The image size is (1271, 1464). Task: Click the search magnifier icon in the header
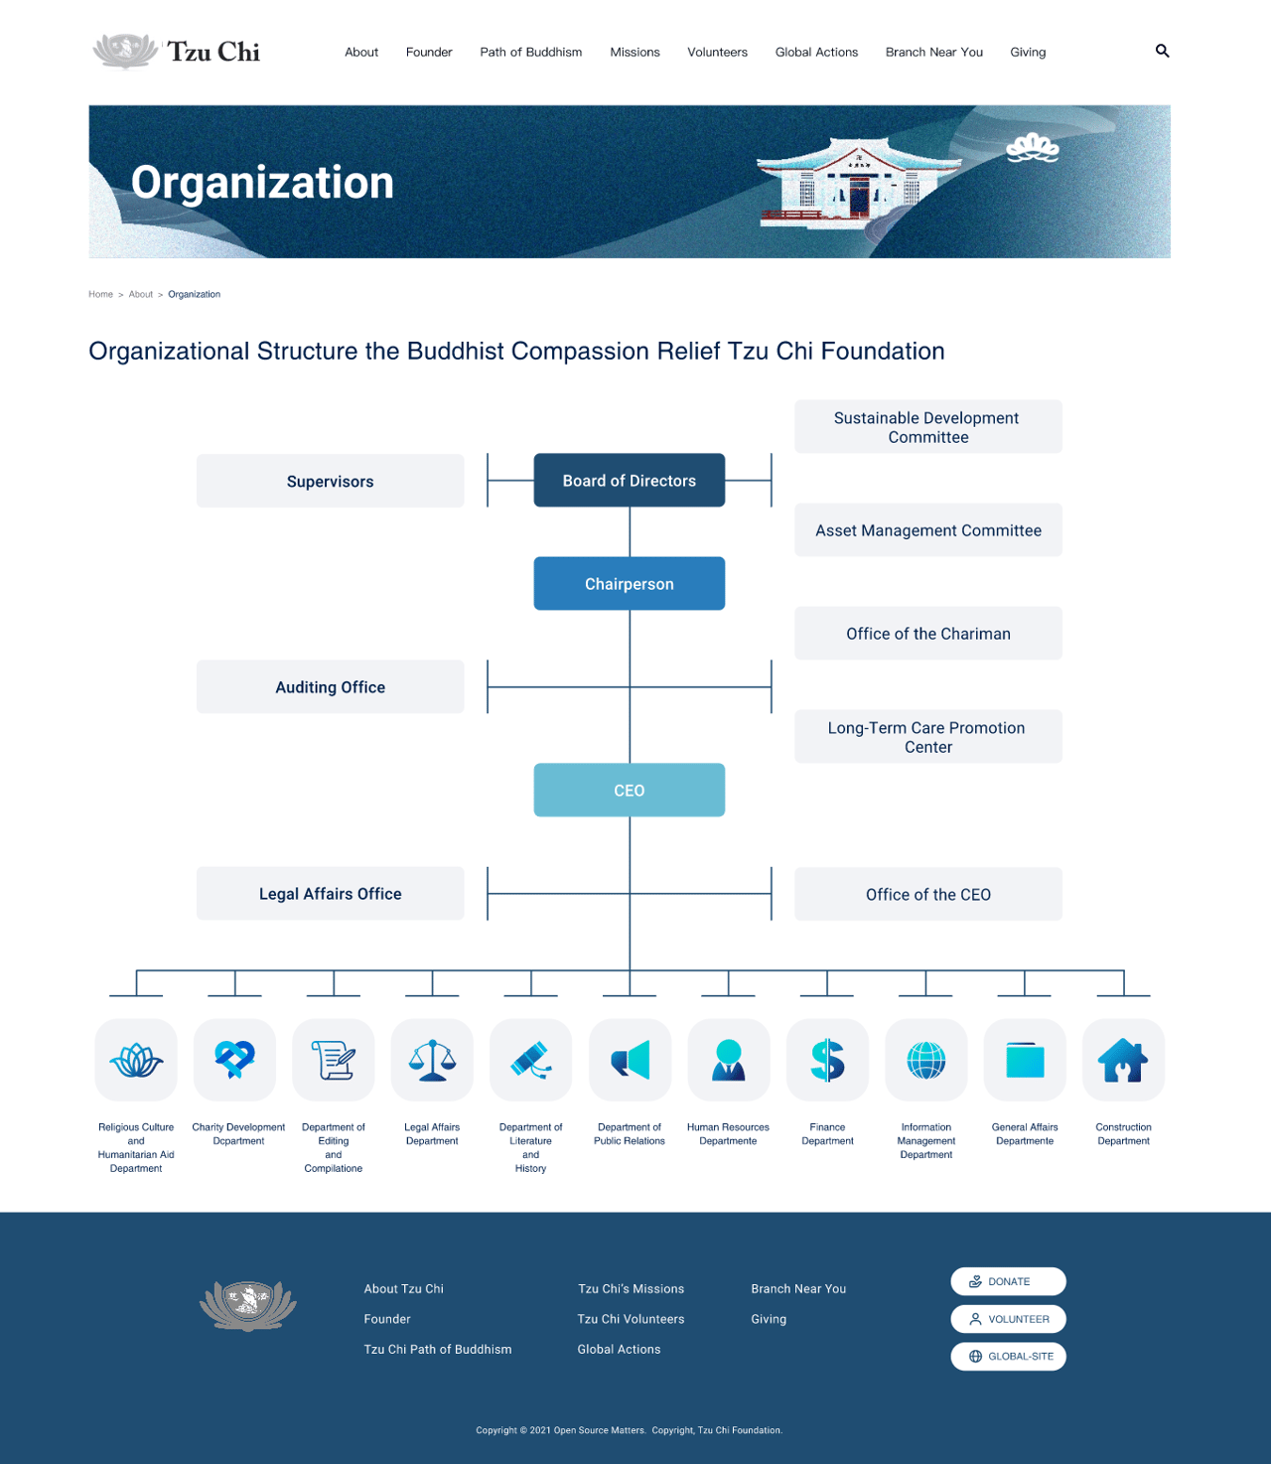[1162, 51]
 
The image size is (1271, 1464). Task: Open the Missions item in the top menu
[635, 53]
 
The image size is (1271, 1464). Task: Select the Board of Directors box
[629, 480]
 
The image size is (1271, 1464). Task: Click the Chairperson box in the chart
[629, 583]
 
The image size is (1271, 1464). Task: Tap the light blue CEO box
[629, 790]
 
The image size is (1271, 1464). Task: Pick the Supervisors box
[330, 481]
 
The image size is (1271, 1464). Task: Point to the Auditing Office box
[330, 687]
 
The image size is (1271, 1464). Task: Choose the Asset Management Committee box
[927, 530]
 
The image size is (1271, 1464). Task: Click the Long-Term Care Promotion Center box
[927, 736]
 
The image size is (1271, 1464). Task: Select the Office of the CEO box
[927, 894]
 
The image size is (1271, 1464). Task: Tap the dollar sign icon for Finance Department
[827, 1060]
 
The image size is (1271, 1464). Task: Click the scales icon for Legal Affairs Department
[432, 1060]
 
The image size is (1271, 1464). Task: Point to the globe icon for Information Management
[925, 1060]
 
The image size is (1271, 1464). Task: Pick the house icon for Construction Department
[1123, 1060]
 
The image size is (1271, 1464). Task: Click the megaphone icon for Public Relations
[630, 1060]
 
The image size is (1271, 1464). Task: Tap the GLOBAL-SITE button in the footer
[1008, 1356]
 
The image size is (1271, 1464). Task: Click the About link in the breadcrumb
[140, 294]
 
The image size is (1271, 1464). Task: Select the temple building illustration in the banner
[858, 183]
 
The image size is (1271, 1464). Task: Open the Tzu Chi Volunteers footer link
[631, 1319]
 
